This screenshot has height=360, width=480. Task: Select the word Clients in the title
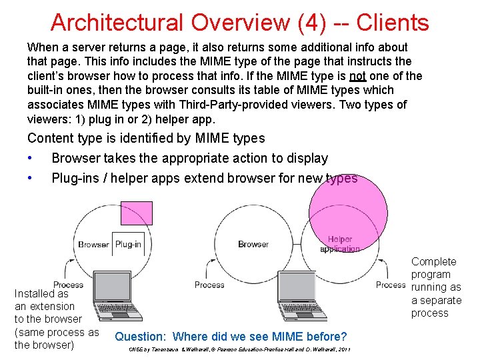[x=393, y=23]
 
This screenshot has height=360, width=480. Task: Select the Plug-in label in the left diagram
[x=128, y=244]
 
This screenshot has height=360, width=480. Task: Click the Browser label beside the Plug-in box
[x=93, y=244]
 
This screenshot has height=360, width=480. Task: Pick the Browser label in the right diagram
[x=253, y=244]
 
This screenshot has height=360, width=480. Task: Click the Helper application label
[x=340, y=244]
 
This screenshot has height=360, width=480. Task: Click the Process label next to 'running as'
[x=391, y=285]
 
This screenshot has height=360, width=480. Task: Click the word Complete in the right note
[x=434, y=261]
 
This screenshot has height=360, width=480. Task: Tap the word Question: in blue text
[x=141, y=337]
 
